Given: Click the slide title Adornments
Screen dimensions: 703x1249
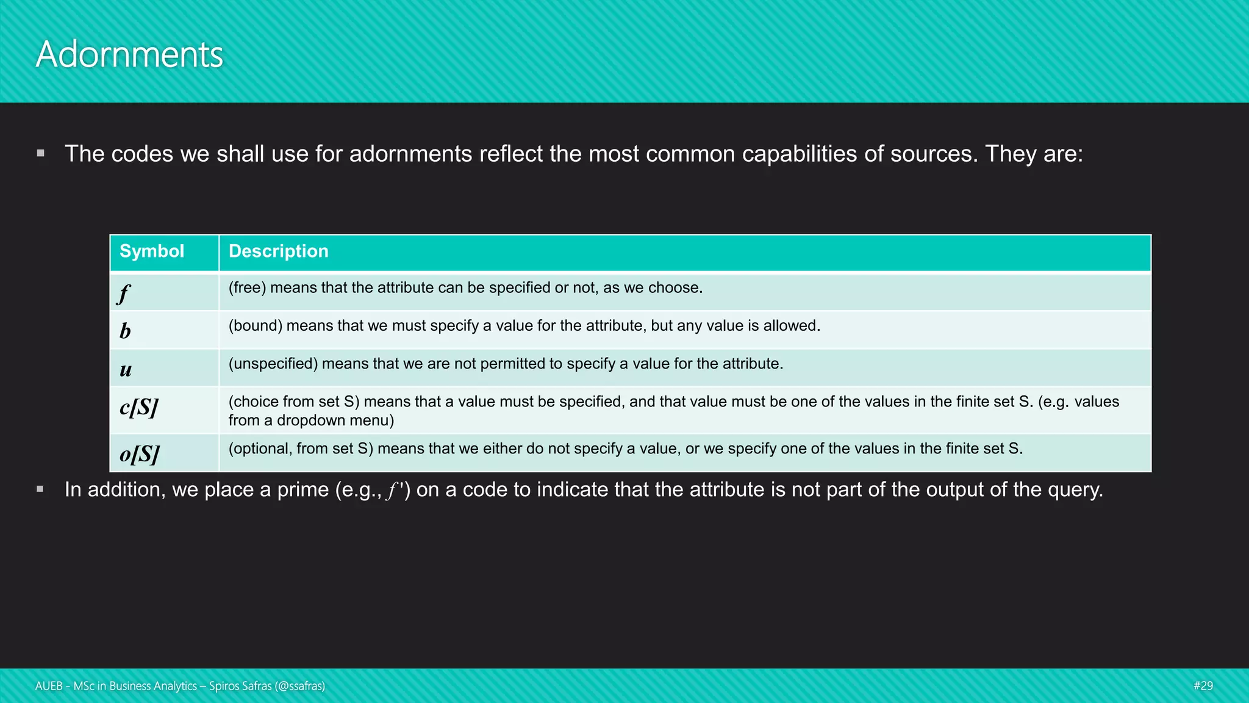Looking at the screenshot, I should coord(129,55).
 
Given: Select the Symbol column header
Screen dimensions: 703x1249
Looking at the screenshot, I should coord(152,251).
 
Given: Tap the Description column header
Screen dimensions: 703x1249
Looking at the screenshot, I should coord(278,251).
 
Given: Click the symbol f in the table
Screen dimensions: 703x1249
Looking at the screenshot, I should coord(124,294).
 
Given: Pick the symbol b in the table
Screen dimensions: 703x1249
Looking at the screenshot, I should coord(125,331).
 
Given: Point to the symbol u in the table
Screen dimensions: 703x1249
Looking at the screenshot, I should coord(126,369).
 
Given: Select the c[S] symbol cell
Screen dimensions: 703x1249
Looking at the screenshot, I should coord(139,407).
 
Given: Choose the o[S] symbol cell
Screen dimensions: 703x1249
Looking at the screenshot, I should coord(140,454).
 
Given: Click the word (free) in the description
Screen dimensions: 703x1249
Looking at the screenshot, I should coord(247,288).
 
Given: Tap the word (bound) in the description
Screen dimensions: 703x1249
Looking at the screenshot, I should coord(256,326).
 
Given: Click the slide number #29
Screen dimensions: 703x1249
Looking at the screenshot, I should coord(1203,686).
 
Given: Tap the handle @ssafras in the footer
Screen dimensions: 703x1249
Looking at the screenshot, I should coord(299,686).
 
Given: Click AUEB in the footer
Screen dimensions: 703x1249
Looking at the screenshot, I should coord(49,686).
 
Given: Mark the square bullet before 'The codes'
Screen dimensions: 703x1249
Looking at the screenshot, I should coord(41,153).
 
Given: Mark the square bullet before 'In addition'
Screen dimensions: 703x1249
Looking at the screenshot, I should coord(41,489).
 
